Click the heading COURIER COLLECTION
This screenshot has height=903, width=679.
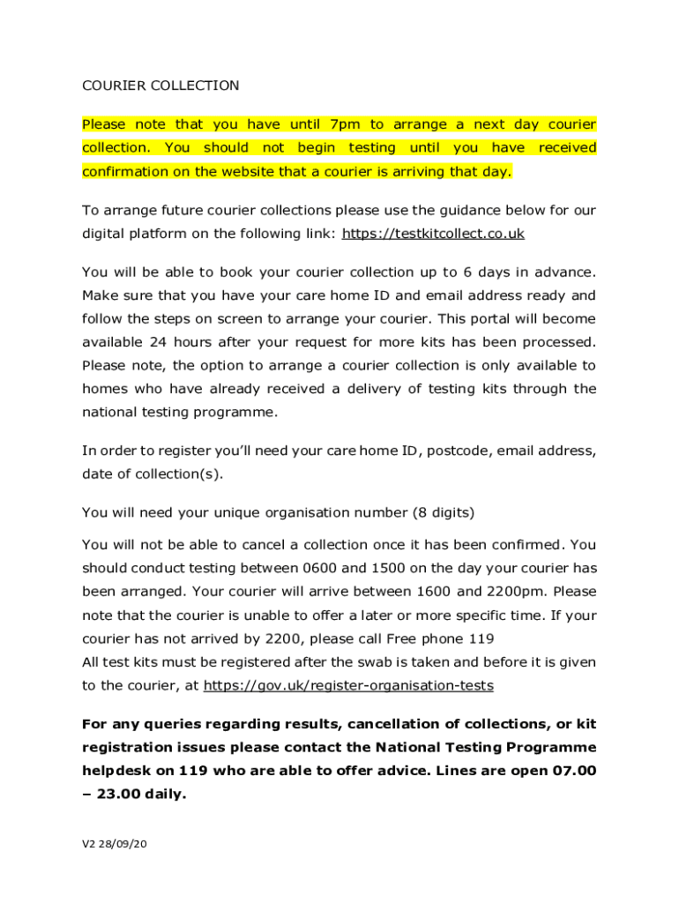pyautogui.click(x=160, y=86)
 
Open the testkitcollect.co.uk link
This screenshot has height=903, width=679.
pyautogui.click(x=433, y=233)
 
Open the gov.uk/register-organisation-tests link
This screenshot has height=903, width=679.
pyautogui.click(x=347, y=685)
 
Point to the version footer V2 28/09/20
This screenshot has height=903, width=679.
pyautogui.click(x=114, y=844)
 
